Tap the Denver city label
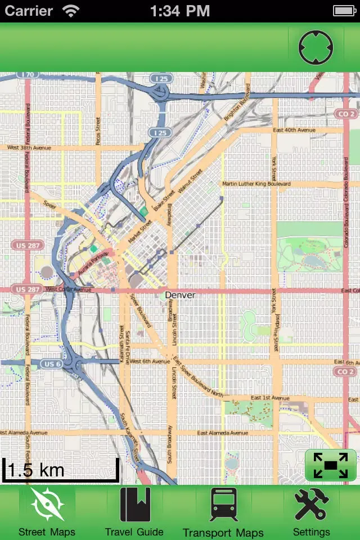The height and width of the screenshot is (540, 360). tap(180, 295)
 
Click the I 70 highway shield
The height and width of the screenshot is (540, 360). tap(27, 74)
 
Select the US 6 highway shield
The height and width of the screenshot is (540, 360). tap(51, 364)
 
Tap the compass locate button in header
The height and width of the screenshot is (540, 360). tap(316, 47)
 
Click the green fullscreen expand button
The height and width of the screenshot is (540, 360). tap(330, 465)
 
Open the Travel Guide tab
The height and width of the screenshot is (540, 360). tap(134, 512)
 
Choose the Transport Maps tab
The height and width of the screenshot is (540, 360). tap(223, 512)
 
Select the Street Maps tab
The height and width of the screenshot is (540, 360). tap(47, 512)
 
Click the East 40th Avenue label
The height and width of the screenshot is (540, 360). tap(293, 130)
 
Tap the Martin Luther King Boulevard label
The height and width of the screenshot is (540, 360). tap(256, 184)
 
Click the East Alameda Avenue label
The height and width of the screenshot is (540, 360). tap(222, 433)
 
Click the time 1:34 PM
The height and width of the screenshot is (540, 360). tap(180, 11)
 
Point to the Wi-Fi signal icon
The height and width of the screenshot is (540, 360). tap(71, 11)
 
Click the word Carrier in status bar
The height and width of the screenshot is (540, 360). tap(29, 11)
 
